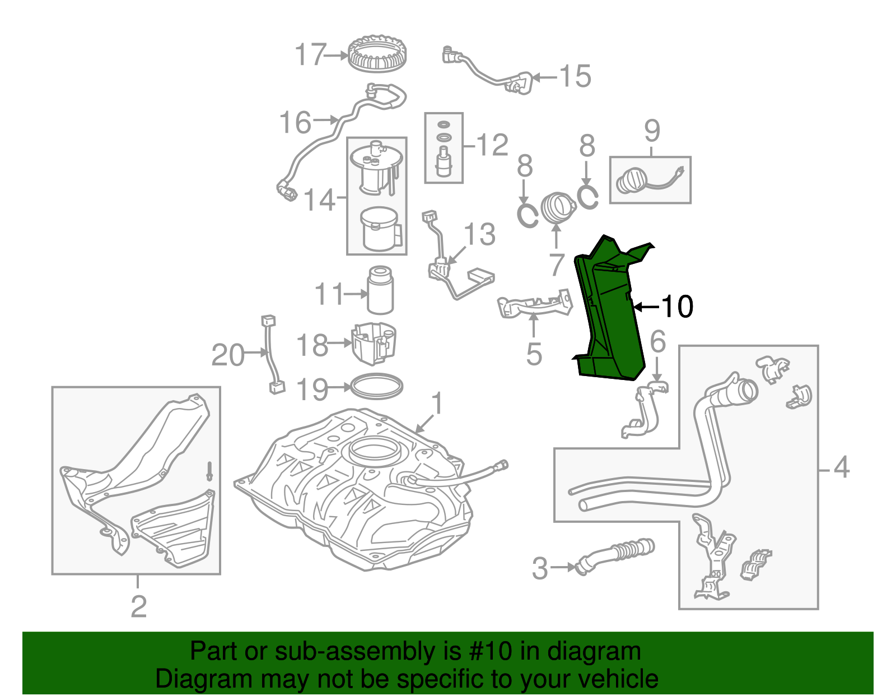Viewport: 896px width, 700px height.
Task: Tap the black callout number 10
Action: tap(677, 307)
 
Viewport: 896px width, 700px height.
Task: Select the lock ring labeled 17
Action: tap(377, 54)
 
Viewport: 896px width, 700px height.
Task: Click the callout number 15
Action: tap(575, 76)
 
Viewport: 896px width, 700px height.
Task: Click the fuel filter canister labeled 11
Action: tap(380, 290)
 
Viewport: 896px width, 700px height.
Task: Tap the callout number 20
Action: tap(228, 355)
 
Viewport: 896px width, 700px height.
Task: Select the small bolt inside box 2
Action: tap(209, 470)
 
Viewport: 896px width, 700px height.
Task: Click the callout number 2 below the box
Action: tap(138, 606)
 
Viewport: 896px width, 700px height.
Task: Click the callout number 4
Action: tap(842, 467)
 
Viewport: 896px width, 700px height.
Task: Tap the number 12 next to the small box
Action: tap(492, 145)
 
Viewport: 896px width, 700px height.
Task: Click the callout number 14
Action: tap(319, 200)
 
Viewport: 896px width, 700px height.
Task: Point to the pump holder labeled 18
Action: tap(374, 342)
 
